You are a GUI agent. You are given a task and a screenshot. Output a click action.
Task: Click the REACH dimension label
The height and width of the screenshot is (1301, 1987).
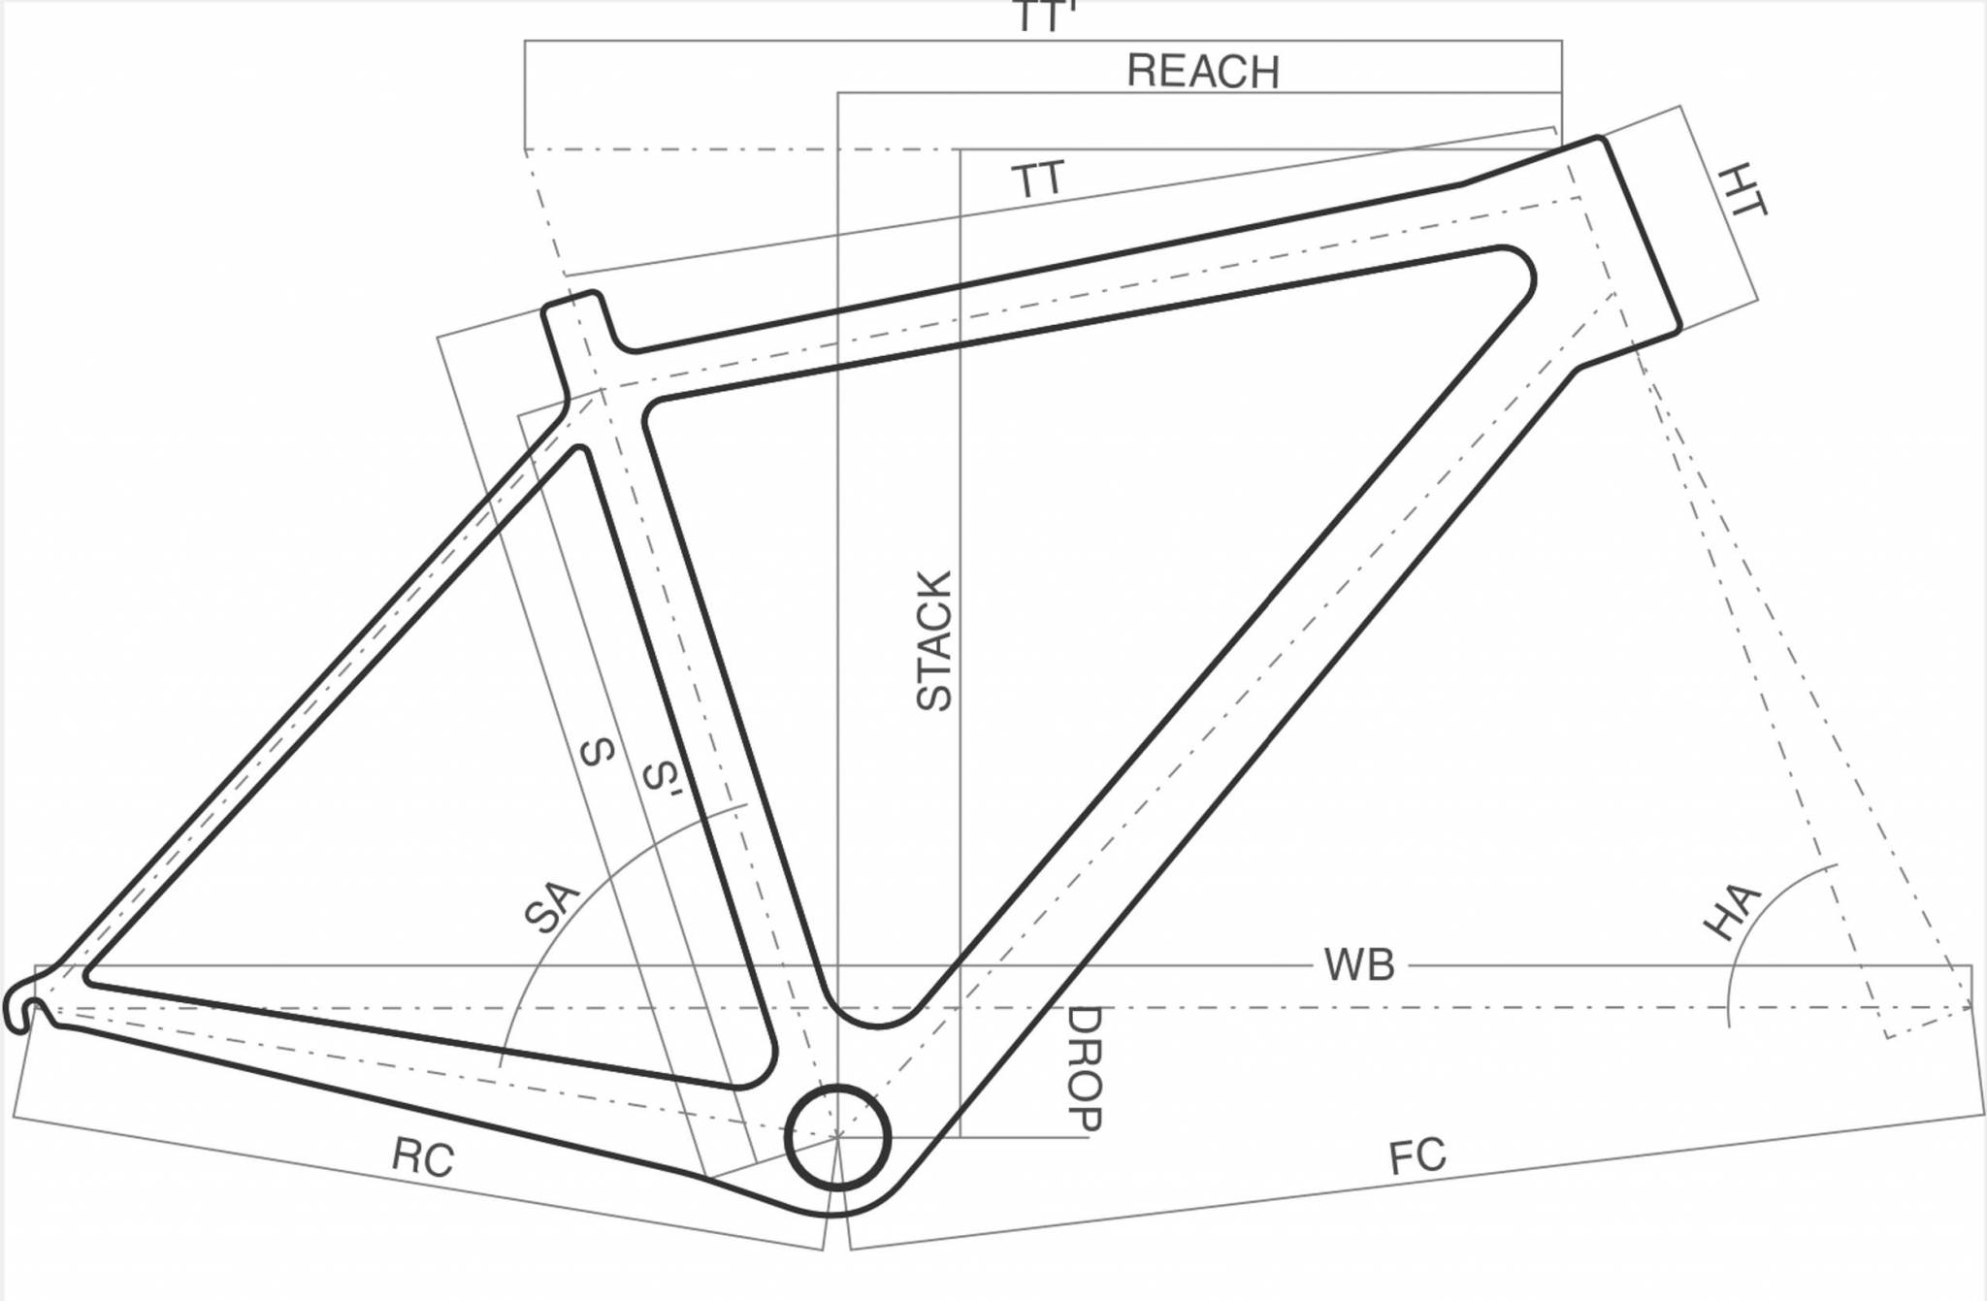click(x=1202, y=72)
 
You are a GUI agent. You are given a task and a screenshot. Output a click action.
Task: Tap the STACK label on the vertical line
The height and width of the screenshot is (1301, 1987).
click(x=934, y=641)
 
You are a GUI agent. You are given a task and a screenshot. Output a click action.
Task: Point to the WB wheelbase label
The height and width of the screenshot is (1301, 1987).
click(x=1358, y=965)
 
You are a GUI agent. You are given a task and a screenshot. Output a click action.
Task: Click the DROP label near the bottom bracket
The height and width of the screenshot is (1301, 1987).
click(x=1084, y=1068)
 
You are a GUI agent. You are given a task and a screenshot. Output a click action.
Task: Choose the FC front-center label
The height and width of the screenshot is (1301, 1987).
click(x=1417, y=1156)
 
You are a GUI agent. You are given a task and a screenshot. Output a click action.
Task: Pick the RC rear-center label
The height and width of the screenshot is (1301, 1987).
click(x=422, y=1157)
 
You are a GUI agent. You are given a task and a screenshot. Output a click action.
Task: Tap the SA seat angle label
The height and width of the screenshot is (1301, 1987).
click(x=551, y=906)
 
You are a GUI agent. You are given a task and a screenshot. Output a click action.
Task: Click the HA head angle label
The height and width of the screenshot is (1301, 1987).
click(x=1732, y=912)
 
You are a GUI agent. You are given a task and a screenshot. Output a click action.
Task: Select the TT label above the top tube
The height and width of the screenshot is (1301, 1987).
click(x=1038, y=180)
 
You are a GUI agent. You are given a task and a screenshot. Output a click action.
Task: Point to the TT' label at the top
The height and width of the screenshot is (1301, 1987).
click(x=1044, y=16)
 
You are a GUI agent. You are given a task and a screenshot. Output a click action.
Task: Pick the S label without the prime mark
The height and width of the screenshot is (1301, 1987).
click(x=597, y=751)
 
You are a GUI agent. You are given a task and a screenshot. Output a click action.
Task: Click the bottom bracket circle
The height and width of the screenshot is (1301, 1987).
click(x=837, y=1138)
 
